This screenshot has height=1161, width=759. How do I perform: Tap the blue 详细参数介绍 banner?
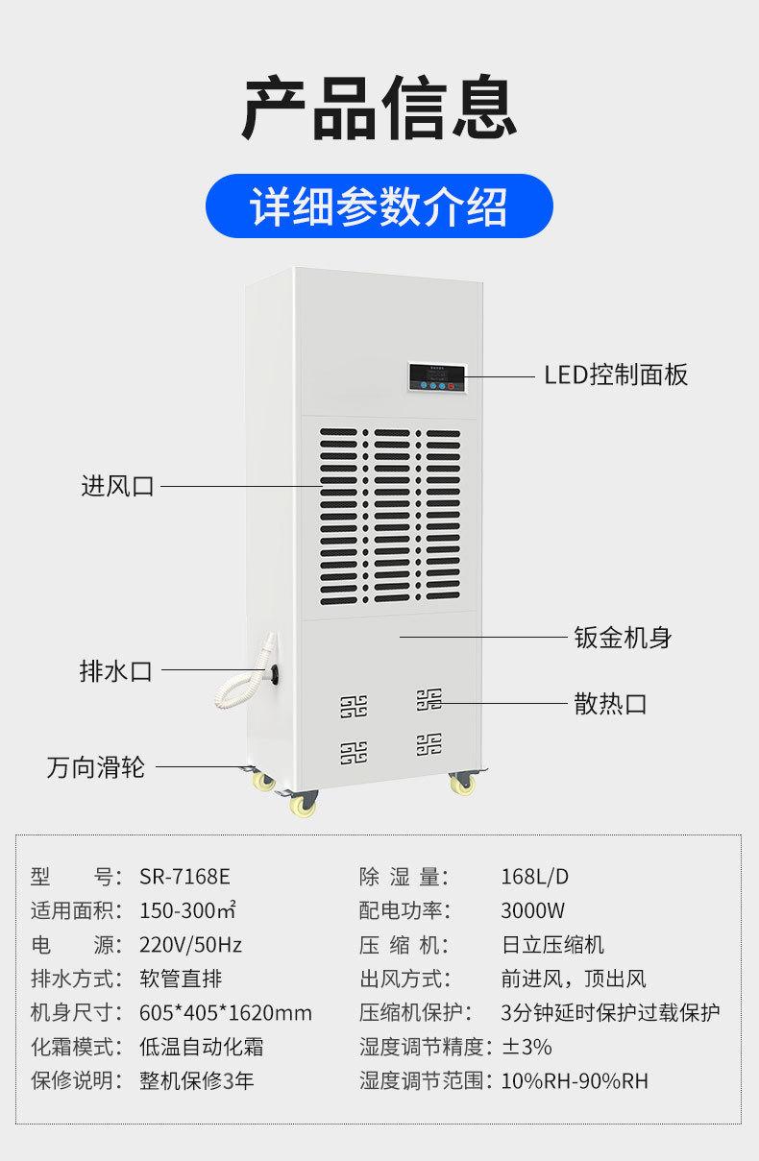pos(379,206)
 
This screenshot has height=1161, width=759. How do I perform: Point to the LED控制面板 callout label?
pos(616,375)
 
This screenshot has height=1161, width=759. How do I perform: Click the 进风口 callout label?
pos(117,486)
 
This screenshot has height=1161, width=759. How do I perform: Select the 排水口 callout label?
pos(115,670)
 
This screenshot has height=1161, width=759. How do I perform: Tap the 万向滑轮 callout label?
pos(96,767)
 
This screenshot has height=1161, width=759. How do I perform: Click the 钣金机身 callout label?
pos(623,637)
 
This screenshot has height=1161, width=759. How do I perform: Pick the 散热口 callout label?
pos(610,703)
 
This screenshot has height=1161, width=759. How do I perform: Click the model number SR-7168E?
pos(185,876)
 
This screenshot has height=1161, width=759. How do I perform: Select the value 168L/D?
pos(535,876)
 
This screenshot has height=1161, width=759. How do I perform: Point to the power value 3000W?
pos(532,910)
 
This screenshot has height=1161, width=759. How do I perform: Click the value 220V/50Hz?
pos(191,944)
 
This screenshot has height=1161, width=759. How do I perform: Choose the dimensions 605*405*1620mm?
pos(226,1012)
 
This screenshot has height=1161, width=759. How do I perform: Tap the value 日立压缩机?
pos(552,944)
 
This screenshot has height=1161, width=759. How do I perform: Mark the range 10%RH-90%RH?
pos(575,1080)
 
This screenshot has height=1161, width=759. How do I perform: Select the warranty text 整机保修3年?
pos(197,1080)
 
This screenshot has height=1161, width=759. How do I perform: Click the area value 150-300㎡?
pos(188,910)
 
